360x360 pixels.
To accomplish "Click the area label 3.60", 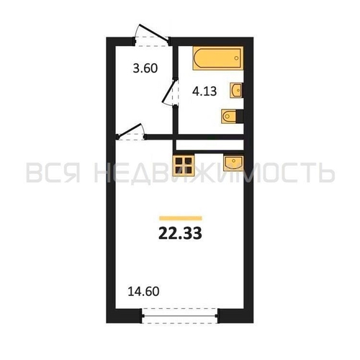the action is pyautogui.click(x=145, y=68).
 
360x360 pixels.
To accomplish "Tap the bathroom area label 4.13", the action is pyautogui.click(x=204, y=91).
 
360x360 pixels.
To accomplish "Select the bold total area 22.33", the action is pyautogui.click(x=180, y=233).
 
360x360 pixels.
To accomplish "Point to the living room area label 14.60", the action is pyautogui.click(x=143, y=292).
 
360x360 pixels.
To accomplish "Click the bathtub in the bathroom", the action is pyautogui.click(x=218, y=58).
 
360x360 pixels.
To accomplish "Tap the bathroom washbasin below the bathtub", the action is pyautogui.click(x=236, y=90).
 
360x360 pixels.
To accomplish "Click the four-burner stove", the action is pyautogui.click(x=184, y=165).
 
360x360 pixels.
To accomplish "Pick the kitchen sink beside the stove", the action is pyautogui.click(x=233, y=163).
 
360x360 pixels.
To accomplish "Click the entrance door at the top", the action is pyautogui.click(x=152, y=35).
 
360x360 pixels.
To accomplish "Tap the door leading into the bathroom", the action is pyautogui.click(x=171, y=92).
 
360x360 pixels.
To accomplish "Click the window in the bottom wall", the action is pyautogui.click(x=180, y=316).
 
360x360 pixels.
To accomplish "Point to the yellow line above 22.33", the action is pyautogui.click(x=181, y=218).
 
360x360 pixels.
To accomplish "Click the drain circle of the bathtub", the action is pyautogui.click(x=236, y=58).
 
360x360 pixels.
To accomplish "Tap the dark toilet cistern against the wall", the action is pyautogui.click(x=240, y=117).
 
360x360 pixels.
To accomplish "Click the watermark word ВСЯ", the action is pyautogui.click(x=53, y=173).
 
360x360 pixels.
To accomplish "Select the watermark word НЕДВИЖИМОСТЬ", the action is pyautogui.click(x=215, y=173).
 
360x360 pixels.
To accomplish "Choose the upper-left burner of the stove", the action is pyautogui.click(x=179, y=161).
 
